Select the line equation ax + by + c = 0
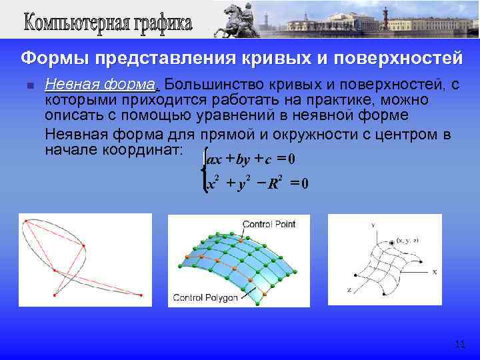point(251,160)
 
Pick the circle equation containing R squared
point(256,184)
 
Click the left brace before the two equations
point(203,171)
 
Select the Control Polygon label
point(205,298)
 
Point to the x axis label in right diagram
point(434,271)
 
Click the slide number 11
point(459,344)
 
